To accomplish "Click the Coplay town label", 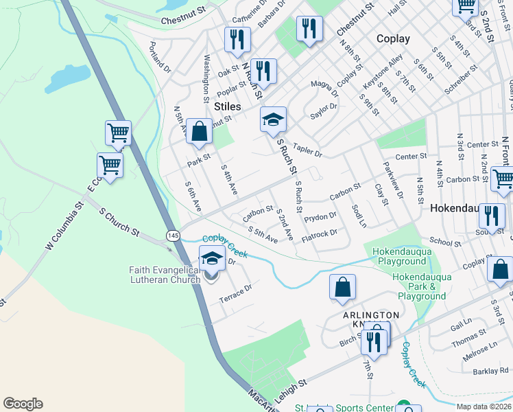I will coord(393,39).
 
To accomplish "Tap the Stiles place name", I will coord(227,106).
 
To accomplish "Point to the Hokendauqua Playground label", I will coord(399,257).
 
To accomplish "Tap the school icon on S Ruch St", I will coord(273,120).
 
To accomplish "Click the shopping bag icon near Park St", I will coord(199,132).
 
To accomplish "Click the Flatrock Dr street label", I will coord(320,233).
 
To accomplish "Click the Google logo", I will coord(23,404).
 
